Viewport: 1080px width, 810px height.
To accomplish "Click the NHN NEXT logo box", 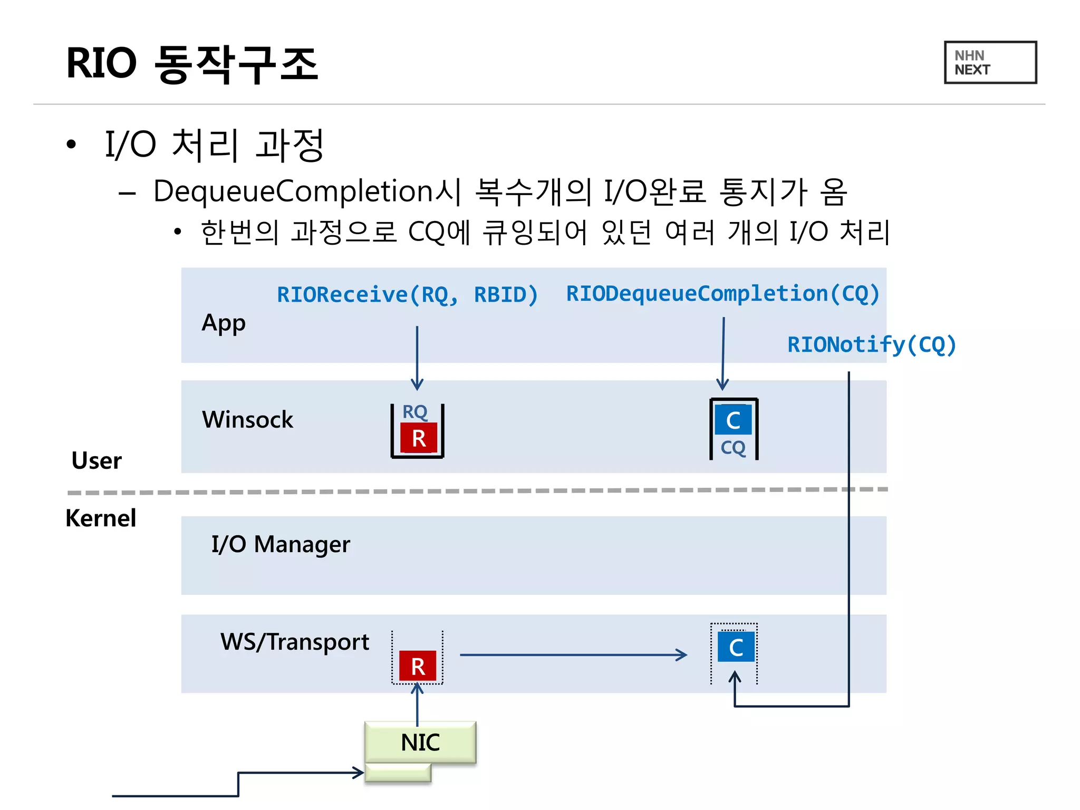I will (990, 62).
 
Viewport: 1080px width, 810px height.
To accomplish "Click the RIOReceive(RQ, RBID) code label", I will (407, 294).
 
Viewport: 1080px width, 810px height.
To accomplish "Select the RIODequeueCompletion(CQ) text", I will (722, 293).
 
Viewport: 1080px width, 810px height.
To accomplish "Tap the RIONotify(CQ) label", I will (871, 344).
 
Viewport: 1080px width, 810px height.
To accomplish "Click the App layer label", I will (224, 323).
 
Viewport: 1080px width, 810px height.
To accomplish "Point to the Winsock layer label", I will (247, 420).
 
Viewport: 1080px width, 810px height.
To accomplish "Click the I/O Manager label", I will (281, 544).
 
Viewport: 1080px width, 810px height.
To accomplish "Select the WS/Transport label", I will (295, 642).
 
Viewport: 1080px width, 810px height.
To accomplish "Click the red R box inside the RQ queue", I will (419, 438).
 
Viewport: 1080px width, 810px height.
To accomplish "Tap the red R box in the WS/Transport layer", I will (418, 666).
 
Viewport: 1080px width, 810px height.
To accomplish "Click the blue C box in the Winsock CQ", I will (733, 420).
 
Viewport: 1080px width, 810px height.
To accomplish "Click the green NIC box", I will (420, 742).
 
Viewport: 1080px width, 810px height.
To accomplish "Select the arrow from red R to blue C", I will (573, 655).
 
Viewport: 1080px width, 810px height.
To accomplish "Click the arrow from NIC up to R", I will (417, 704).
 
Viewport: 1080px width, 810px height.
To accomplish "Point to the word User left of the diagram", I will (97, 461).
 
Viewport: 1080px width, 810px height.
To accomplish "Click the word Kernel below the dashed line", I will (101, 518).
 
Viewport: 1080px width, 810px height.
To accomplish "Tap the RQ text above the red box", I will (414, 412).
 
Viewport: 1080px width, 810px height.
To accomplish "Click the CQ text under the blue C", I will (733, 448).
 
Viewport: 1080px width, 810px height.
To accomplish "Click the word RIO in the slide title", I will (101, 63).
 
